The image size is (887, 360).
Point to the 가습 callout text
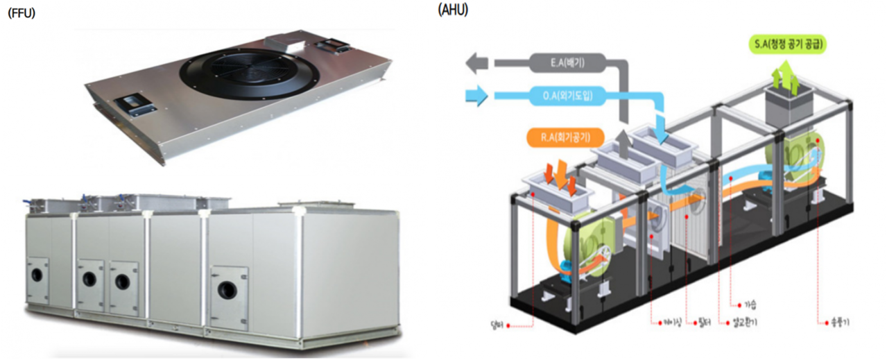(750, 303)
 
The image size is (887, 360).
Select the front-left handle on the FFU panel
(135, 105)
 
